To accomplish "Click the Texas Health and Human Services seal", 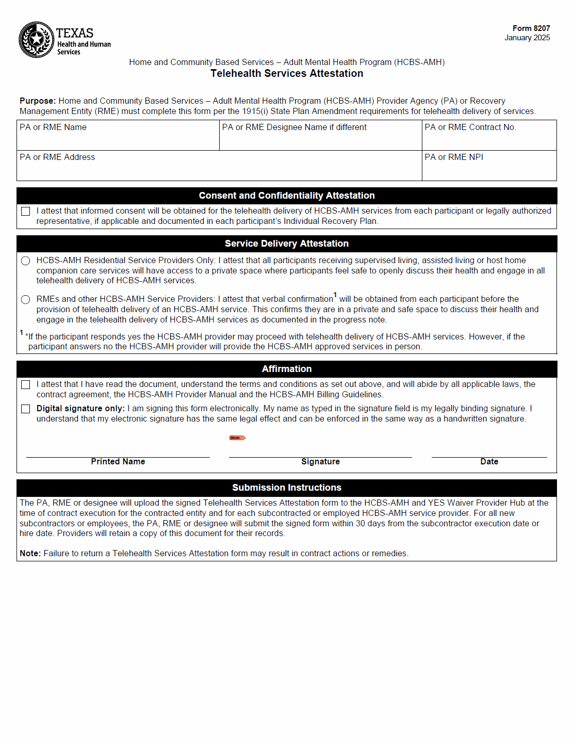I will pos(36,40).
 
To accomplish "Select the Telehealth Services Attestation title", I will pos(287,73).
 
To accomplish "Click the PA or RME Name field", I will pos(118,138).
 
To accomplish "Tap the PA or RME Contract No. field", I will pos(488,138).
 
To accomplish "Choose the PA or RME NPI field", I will pos(488,168).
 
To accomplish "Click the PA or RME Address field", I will pos(219,168).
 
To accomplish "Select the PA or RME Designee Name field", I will pos(320,138).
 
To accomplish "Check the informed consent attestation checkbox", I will pos(26,211).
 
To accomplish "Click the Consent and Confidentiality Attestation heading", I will pos(287,196).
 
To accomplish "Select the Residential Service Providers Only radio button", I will pos(26,261).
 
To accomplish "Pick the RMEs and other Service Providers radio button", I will pos(26,299).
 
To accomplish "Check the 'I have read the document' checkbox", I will pos(26,384).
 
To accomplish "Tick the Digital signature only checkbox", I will pos(26,409).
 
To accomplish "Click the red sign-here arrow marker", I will pos(237,438).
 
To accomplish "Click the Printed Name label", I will pos(118,462).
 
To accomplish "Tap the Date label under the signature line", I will pos(489,462).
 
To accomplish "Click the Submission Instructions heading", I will pos(287,488).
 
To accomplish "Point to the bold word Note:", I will pos(30,553).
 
